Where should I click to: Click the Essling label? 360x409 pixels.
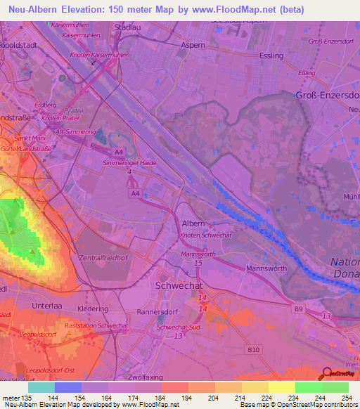[271, 56]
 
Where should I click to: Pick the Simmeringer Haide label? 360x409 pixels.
[129, 163]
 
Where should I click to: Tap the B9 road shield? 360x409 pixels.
[297, 307]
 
